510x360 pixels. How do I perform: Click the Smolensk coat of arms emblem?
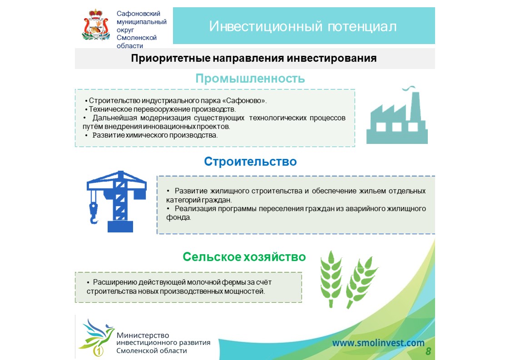[96, 25]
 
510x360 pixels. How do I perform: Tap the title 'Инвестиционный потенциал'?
[303, 26]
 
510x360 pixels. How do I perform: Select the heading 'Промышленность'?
[250, 79]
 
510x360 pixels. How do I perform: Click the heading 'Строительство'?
[250, 161]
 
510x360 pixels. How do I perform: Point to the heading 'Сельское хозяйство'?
[244, 256]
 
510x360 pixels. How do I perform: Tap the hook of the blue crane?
[94, 213]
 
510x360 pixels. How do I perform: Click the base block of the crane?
[120, 227]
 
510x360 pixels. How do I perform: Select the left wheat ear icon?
[331, 278]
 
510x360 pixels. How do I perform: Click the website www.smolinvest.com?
[378, 343]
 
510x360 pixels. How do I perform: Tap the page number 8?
[428, 351]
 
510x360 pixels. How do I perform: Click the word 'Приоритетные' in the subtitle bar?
[170, 58]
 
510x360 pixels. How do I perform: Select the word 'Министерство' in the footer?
[143, 335]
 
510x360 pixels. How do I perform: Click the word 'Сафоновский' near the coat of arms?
[139, 14]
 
